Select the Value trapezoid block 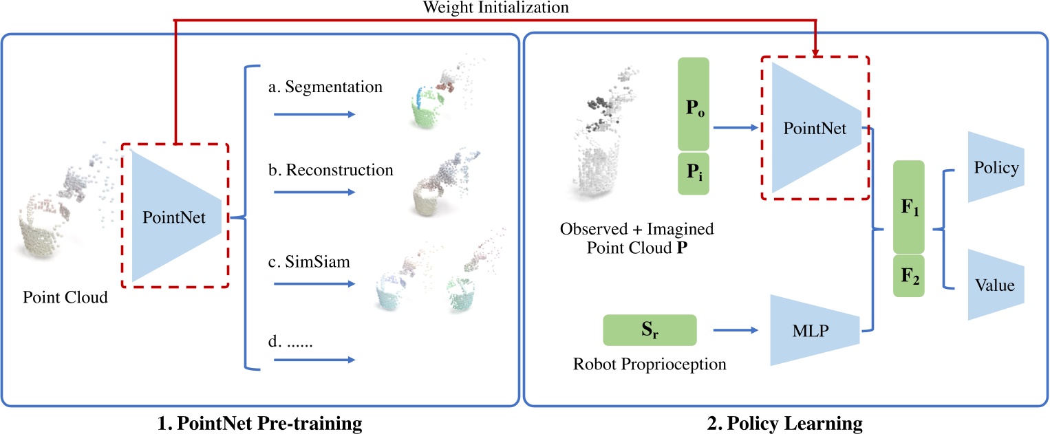pos(996,284)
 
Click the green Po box pos(698,104)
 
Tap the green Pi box pos(698,172)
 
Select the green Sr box pos(650,330)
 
